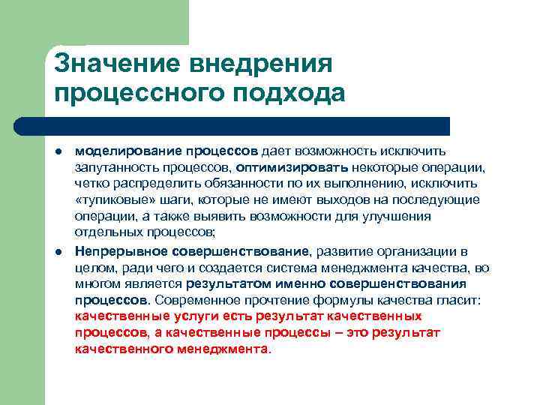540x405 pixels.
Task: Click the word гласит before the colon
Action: [x=465, y=300]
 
